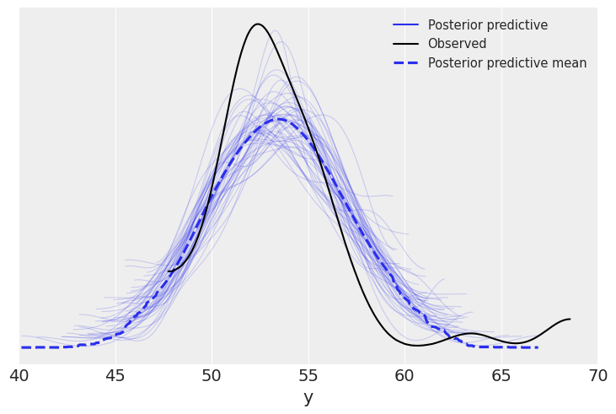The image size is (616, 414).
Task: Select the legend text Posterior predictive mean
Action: point(507,63)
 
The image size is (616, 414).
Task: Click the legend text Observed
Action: point(457,44)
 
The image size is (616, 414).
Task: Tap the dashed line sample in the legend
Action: point(405,63)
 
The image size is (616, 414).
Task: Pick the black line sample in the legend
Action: point(405,44)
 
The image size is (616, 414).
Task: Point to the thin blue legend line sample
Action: point(405,25)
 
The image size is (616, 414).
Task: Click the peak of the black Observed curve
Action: point(257,24)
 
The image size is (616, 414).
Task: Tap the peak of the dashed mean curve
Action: point(278,119)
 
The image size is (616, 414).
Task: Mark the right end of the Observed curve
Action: point(570,319)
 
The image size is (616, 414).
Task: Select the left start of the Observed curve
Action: point(169,271)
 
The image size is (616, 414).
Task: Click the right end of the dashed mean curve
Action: point(537,347)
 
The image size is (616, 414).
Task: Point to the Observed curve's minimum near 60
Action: point(415,345)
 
